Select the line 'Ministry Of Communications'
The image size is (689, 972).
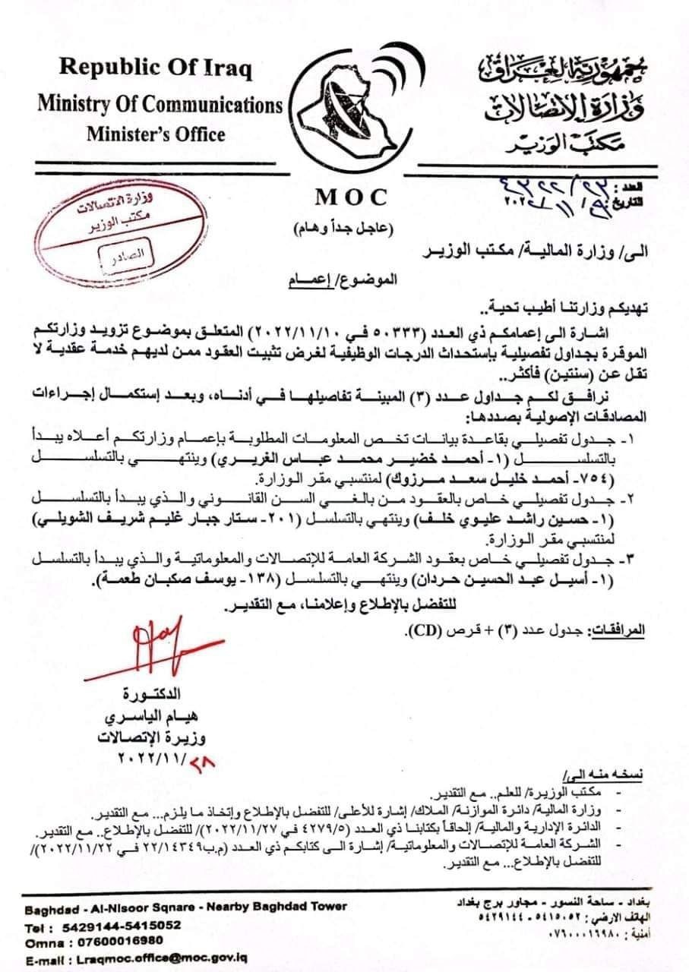coord(160,103)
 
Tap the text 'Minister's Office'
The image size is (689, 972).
coord(156,134)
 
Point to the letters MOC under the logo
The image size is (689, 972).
coord(351,197)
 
